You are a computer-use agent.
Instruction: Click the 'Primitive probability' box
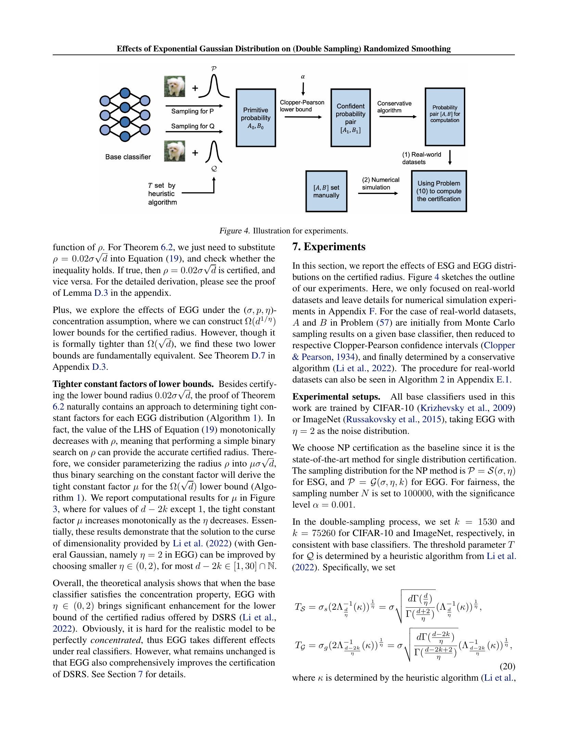coord(255,118)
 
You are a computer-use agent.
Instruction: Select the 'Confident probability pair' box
coord(350,118)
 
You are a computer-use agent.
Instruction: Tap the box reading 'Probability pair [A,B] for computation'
coord(445,117)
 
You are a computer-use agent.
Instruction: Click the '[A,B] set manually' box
coord(326,191)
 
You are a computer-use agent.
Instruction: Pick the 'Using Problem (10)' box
coord(439,191)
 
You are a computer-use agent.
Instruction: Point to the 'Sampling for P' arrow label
coord(192,111)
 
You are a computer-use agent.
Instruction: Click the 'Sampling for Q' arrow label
coord(192,126)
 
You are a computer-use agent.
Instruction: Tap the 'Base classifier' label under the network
coord(128,157)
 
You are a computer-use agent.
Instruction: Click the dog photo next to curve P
coord(175,86)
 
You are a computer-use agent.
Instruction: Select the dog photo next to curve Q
coord(175,151)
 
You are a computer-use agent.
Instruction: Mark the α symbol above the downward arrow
coord(303,77)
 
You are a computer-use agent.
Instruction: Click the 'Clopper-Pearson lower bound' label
coord(302,106)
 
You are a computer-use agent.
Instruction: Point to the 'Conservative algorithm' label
coord(394,107)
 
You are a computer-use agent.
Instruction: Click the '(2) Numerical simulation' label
coord(380,183)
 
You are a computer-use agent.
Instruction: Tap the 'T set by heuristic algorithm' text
coord(162,194)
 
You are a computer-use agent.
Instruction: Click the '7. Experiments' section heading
coord(329,246)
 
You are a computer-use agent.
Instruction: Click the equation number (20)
coord(506,666)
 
